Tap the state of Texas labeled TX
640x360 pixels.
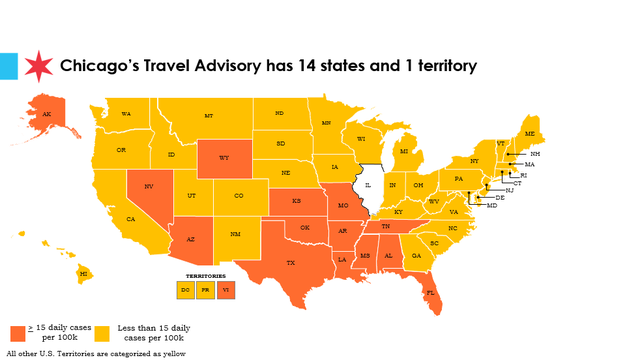(289, 263)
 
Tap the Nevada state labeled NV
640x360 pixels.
(148, 187)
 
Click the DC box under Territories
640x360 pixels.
(186, 289)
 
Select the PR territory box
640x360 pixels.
(206, 289)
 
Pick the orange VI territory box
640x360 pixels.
(226, 289)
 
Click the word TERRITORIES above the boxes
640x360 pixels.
(206, 274)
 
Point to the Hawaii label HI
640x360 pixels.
(84, 272)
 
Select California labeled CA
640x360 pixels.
(130, 219)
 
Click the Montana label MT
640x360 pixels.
(208, 116)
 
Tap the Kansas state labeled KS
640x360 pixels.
(297, 201)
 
